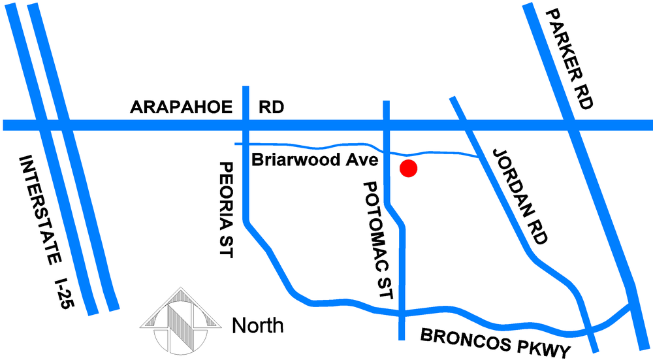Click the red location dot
(409, 169)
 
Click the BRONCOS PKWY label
(497, 341)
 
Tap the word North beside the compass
(258, 325)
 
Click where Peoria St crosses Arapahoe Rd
(246, 125)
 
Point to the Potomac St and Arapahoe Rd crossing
(387, 125)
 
